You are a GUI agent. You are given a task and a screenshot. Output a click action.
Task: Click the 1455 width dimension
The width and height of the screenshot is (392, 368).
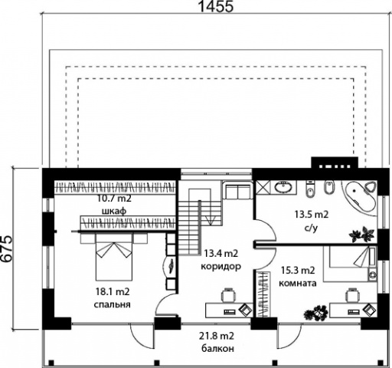coord(216,6)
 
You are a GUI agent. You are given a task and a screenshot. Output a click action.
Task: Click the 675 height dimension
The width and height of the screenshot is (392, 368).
coord(6,248)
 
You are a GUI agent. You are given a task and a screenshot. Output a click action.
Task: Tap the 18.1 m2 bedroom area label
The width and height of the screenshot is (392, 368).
coord(113,291)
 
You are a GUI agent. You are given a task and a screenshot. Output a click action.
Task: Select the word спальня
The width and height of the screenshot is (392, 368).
coord(113,304)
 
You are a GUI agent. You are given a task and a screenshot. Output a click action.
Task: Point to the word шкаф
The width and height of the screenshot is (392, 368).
coord(114,211)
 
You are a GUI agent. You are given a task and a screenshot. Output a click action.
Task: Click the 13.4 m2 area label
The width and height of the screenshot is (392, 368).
coord(220,253)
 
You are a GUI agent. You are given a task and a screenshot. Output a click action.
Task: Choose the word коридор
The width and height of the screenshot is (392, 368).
coord(220,267)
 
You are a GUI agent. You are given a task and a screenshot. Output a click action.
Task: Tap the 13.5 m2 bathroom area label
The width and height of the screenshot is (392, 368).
coord(312,214)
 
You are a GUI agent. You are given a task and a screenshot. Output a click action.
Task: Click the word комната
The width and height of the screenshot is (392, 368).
coord(298,283)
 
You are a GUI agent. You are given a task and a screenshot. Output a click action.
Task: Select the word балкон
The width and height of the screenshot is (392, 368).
coord(217,348)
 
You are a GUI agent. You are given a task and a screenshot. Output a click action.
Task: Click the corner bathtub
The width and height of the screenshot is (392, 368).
coord(361,197)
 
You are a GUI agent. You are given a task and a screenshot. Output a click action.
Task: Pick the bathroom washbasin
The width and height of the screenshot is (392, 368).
coord(284,186)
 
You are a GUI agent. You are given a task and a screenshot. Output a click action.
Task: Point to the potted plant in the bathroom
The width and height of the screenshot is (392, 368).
coord(362,234)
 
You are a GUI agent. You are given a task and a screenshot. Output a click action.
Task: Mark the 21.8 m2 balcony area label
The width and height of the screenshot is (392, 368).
coord(217,336)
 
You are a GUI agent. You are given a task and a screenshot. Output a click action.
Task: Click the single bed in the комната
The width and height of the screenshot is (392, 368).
coord(350,264)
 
